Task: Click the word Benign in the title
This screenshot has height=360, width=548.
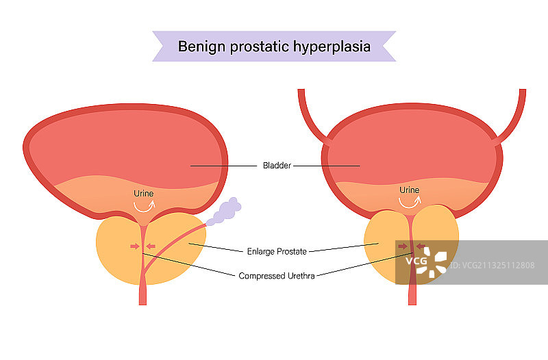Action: pyautogui.click(x=199, y=47)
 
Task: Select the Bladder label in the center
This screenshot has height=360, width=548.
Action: pyautogui.click(x=277, y=166)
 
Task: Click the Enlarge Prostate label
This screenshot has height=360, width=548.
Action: pyautogui.click(x=277, y=250)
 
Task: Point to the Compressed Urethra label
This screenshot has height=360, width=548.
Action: pyautogui.click(x=277, y=277)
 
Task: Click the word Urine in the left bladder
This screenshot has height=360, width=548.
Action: pyautogui.click(x=144, y=194)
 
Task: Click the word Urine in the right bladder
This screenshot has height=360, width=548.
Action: pyautogui.click(x=409, y=190)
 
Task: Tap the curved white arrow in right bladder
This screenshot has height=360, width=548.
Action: pyautogui.click(x=410, y=202)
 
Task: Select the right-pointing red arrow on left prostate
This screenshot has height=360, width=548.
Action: pyautogui.click(x=135, y=246)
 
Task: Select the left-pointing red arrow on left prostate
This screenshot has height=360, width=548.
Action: pyautogui.click(x=151, y=246)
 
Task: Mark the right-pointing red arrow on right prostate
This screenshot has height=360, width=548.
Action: pyautogui.click(x=402, y=246)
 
